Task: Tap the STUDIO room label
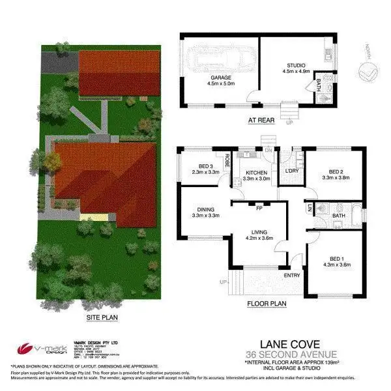pyautogui.click(x=297, y=65)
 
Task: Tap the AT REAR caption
pyautogui.click(x=261, y=121)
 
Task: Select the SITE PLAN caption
pyautogui.click(x=102, y=318)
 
